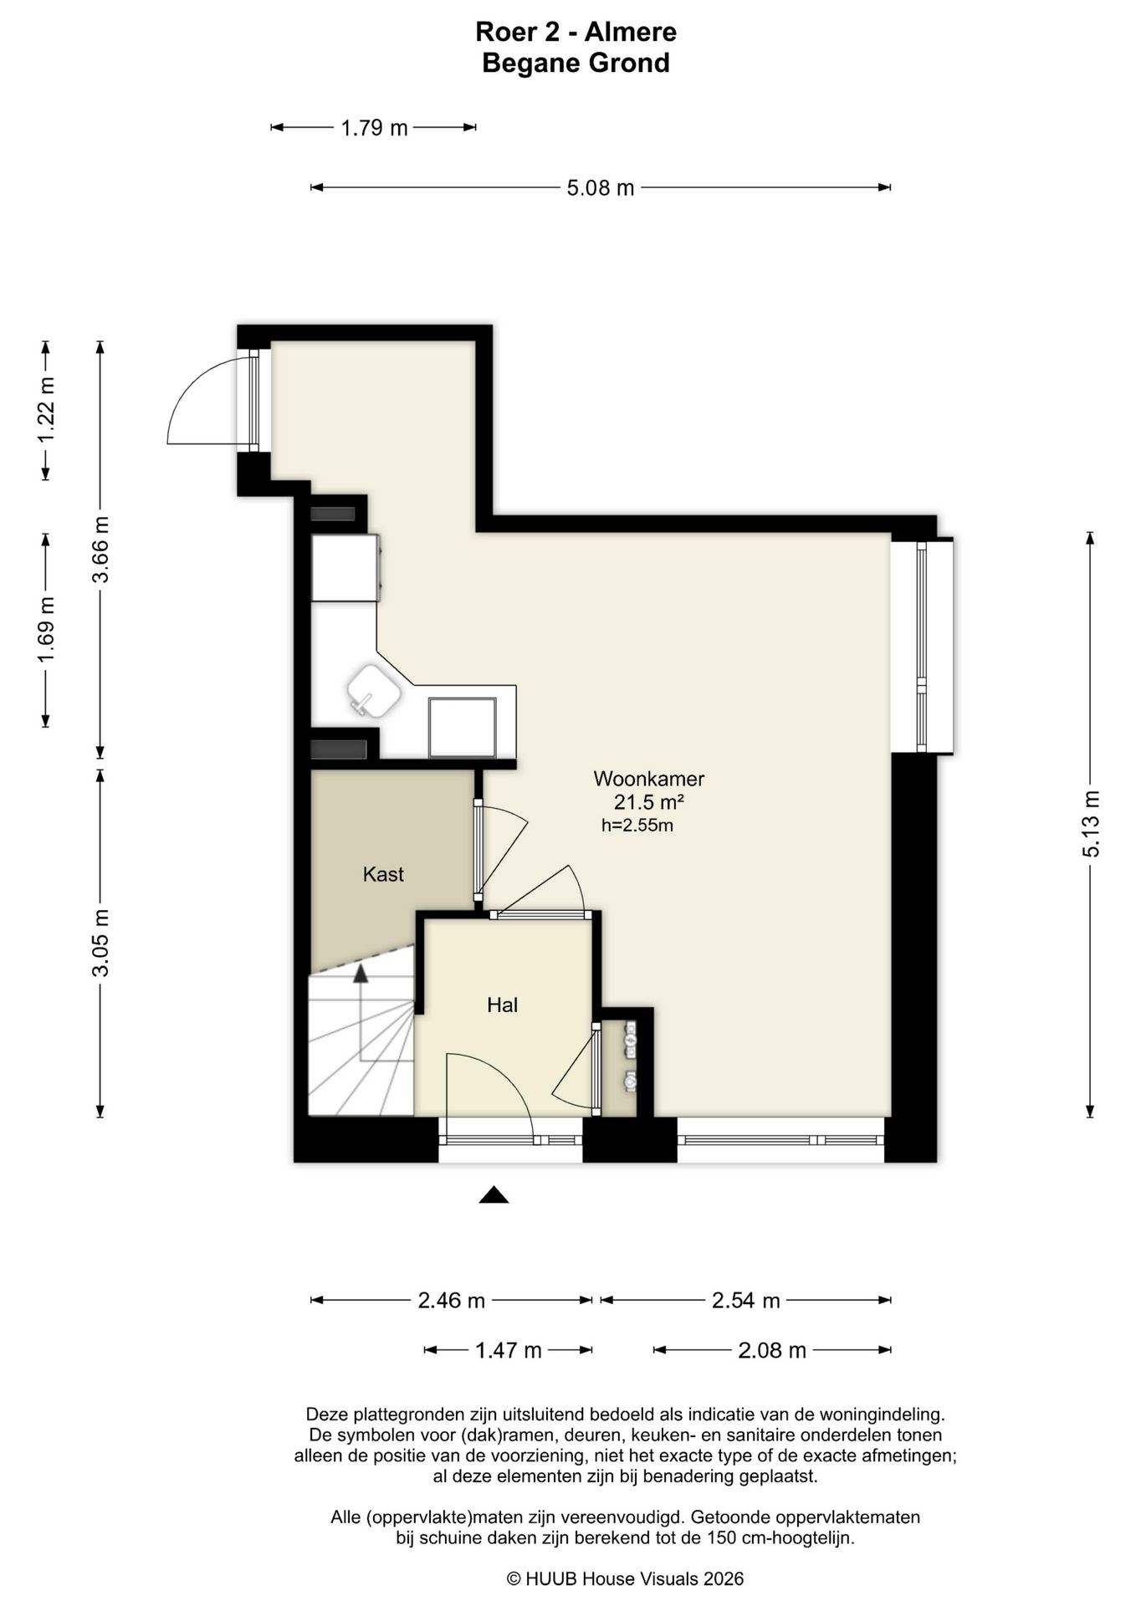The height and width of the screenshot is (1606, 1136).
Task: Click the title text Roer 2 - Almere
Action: tap(576, 32)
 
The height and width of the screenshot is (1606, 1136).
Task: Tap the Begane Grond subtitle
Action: tap(576, 64)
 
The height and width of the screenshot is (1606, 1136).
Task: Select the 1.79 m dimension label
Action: tap(374, 128)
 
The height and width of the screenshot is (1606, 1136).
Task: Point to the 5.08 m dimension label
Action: tap(601, 188)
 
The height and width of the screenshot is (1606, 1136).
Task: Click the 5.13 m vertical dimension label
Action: tap(1091, 824)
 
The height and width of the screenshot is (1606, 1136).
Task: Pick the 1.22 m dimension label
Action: tap(46, 410)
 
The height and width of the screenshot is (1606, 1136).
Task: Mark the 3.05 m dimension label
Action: tap(100, 943)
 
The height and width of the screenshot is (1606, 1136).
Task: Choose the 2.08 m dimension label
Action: tap(772, 1350)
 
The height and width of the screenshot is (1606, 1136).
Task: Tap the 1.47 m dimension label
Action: tap(509, 1350)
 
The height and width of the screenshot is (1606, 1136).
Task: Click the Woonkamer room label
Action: tap(649, 779)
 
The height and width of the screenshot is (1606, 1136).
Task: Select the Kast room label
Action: tap(383, 875)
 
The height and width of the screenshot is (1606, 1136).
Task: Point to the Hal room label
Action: tap(503, 1005)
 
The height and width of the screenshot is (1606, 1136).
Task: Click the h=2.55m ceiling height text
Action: tap(637, 826)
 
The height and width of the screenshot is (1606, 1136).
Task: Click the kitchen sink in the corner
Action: tap(374, 691)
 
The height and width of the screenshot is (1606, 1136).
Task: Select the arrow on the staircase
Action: tap(361, 1012)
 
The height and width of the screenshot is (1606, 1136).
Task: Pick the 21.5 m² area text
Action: tap(649, 802)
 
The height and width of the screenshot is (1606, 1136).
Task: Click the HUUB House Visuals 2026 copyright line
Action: tap(625, 1578)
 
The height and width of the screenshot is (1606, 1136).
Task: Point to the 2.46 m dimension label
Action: tap(452, 1301)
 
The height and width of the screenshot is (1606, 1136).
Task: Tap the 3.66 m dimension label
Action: tap(100, 550)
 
